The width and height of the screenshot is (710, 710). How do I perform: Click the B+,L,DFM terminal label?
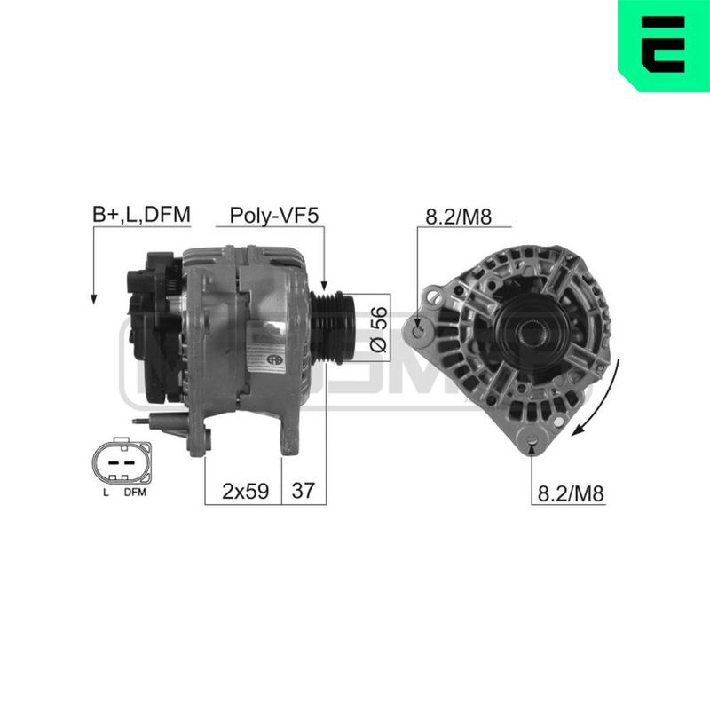pos(141,215)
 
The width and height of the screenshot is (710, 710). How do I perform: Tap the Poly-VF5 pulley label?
pos(274,216)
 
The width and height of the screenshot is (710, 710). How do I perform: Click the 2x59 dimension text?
pos(246,491)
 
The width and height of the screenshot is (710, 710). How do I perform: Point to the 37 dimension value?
pos(303,491)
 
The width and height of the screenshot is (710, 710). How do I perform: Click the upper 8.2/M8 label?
pos(458,217)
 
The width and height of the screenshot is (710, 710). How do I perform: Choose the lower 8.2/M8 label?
pos(571,493)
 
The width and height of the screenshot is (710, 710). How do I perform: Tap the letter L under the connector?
pos(106,493)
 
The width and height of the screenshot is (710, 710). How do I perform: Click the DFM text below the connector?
pos(135,493)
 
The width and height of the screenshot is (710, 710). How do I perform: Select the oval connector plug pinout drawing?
pos(122,461)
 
